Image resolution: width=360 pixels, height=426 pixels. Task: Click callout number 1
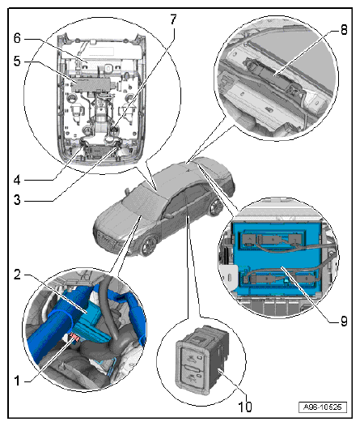point(17,381)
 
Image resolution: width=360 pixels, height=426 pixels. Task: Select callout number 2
point(17,275)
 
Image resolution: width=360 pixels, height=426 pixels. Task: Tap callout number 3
point(17,200)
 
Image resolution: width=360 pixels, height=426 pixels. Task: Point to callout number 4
point(17,180)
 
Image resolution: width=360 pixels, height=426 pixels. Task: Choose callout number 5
point(17,61)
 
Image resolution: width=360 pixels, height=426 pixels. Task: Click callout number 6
point(17,38)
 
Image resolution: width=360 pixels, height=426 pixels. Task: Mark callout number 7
point(173,19)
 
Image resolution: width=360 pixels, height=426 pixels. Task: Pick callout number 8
point(344,29)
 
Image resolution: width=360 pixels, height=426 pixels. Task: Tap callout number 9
point(344,322)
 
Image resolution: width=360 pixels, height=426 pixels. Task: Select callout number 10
point(245,407)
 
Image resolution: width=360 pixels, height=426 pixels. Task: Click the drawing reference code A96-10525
point(323,407)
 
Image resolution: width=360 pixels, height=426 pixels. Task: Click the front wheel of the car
point(149,245)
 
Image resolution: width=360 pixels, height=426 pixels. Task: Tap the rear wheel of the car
point(216,208)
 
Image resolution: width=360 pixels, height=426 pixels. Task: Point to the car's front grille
point(106,238)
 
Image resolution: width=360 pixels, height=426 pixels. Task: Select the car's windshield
point(143,200)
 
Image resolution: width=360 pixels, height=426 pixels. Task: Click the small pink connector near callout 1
point(74,337)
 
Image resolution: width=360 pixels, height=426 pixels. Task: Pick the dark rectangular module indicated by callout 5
point(91,85)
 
